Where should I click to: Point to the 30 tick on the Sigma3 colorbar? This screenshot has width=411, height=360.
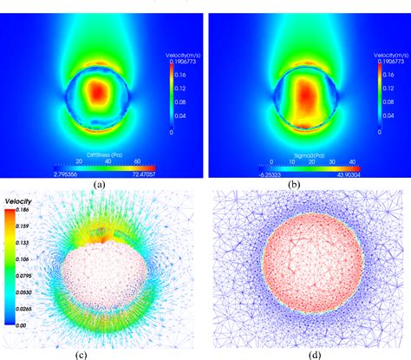(x=333, y=161)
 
